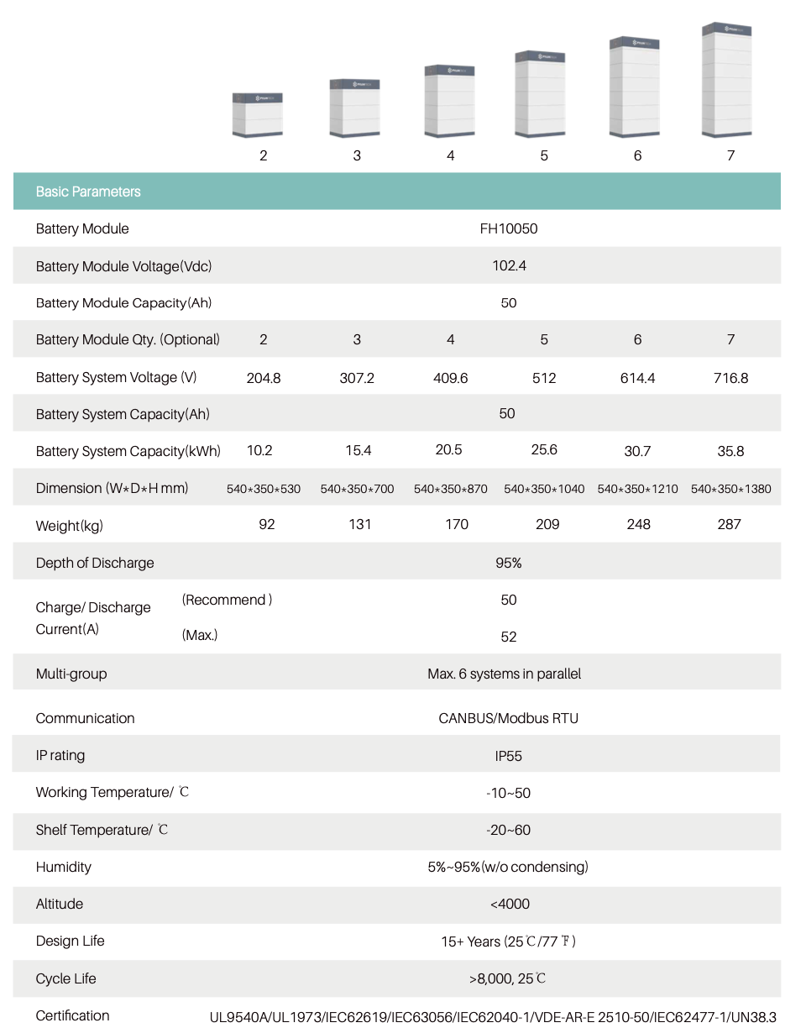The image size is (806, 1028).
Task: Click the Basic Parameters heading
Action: (88, 191)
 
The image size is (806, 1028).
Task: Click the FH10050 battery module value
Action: (509, 228)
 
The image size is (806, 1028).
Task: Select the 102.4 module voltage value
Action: (509, 265)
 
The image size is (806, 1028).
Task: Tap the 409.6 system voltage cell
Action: (450, 378)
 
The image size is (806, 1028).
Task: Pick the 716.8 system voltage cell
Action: (730, 378)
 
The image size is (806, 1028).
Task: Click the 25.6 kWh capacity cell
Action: (544, 450)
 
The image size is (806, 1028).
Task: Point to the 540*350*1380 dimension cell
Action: (730, 489)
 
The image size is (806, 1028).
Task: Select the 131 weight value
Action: (359, 524)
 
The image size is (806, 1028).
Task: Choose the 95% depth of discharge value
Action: (509, 563)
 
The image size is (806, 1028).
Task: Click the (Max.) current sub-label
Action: (200, 635)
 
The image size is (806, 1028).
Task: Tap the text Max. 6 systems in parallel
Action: (504, 674)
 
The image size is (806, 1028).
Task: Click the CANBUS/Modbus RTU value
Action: (509, 718)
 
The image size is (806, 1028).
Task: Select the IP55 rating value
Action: (509, 756)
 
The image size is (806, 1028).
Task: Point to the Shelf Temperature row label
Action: (102, 830)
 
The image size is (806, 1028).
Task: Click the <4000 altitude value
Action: (510, 904)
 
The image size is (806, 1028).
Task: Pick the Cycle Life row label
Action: (65, 978)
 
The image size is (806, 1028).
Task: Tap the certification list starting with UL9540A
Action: (493, 1016)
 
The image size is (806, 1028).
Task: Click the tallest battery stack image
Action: (727, 81)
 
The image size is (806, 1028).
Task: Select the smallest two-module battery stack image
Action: (258, 116)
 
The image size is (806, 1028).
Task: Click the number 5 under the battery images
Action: (544, 155)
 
